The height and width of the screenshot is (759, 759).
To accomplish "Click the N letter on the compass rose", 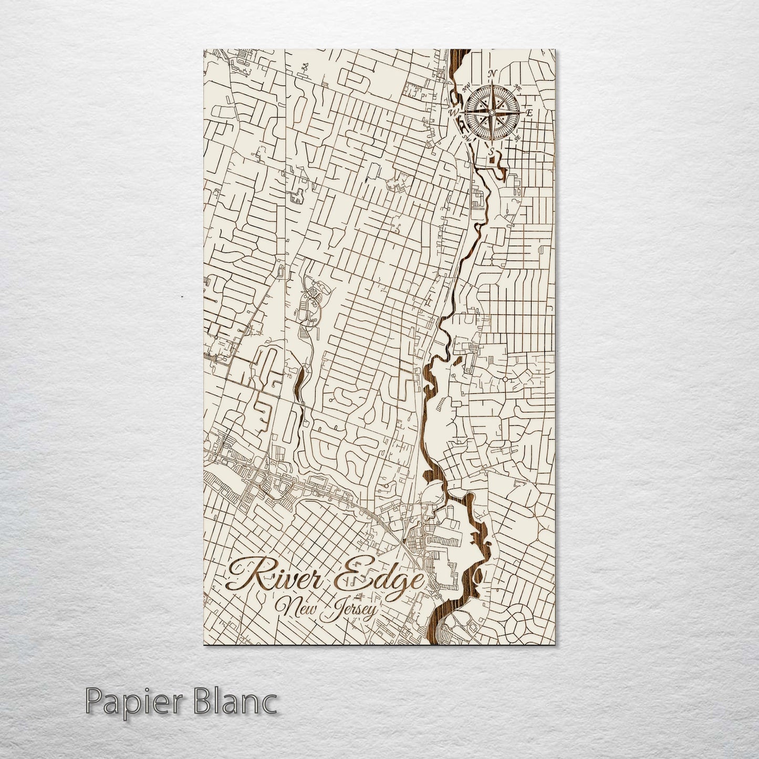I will [493, 74].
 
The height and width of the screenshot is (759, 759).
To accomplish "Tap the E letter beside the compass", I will [529, 113].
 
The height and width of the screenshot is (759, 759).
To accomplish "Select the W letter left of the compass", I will [453, 112].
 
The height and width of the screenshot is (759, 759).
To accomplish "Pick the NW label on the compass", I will [466, 88].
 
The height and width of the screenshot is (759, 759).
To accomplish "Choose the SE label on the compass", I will [517, 138].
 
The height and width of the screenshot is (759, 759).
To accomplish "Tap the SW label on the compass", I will [466, 138].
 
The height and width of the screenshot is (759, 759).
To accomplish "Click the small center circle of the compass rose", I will [492, 112].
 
